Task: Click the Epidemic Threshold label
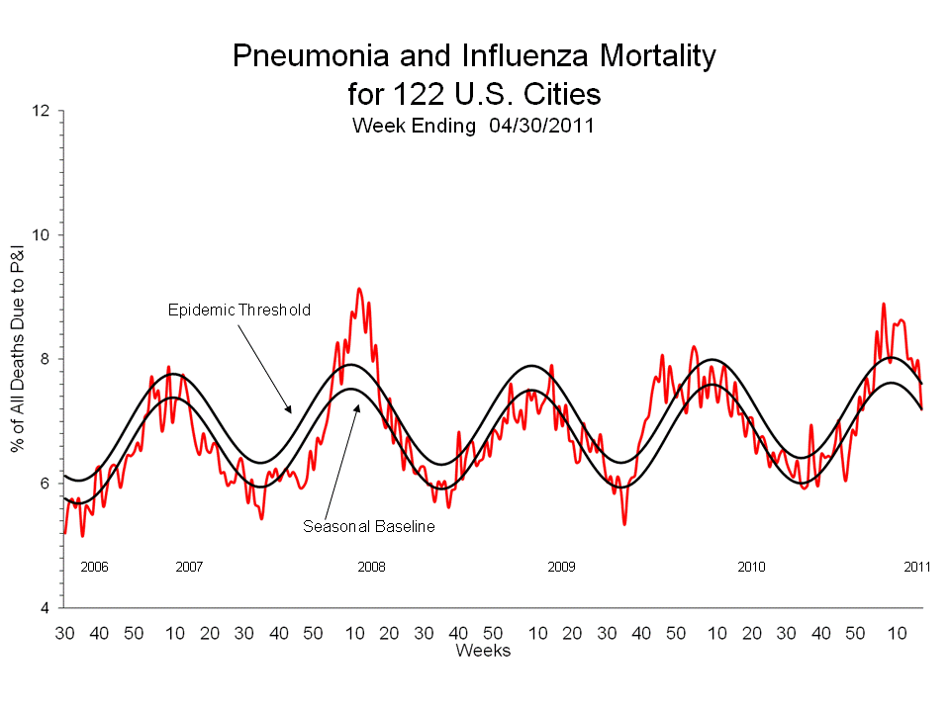coord(238,310)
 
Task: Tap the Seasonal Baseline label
coord(368,527)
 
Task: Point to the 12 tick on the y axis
coord(41,111)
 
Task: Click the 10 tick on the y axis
coord(41,235)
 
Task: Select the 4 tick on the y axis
coord(46,607)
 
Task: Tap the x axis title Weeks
coord(483,650)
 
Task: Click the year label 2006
coord(94,567)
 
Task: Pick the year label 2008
coord(372,567)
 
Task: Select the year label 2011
coord(917,567)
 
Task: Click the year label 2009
coord(561,567)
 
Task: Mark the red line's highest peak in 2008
coord(359,289)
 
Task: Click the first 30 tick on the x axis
coord(65,632)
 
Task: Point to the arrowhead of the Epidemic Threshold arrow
coord(290,409)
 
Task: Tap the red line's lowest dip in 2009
coord(624,523)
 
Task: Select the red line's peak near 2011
coord(884,305)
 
